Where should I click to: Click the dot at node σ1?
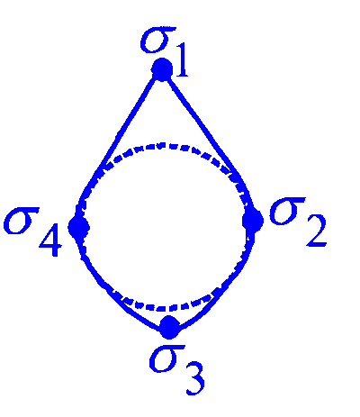162,69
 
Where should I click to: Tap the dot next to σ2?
253,221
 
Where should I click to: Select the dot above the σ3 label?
170,327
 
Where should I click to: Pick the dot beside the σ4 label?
79,227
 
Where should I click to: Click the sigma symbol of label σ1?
157,40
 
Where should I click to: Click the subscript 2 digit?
316,231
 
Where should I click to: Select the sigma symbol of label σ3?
166,358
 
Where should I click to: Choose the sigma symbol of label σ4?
21,221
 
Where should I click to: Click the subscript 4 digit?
50,240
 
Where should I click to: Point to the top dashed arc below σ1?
162,146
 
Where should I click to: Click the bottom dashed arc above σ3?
162,308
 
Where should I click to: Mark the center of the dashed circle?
165,227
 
